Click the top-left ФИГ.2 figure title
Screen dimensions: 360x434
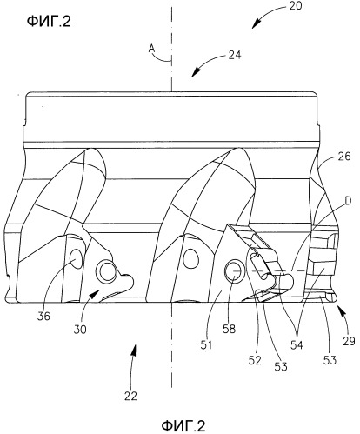point(49,22)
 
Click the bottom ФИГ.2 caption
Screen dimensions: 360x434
point(183,426)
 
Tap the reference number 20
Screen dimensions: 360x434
point(296,6)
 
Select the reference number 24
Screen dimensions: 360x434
point(235,55)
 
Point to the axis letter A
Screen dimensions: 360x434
point(152,49)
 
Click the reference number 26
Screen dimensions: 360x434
point(344,157)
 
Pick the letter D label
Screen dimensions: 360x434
point(348,201)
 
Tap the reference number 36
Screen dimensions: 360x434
point(43,316)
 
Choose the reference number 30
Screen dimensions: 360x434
point(80,330)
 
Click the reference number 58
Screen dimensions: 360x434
point(230,329)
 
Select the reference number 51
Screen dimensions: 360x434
point(206,345)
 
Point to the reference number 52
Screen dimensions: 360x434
point(255,360)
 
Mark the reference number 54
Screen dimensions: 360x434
point(297,345)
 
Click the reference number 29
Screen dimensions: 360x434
point(349,342)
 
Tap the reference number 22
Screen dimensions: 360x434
point(130,396)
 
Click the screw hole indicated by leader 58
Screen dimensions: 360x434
point(234,271)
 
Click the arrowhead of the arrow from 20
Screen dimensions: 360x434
point(254,25)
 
